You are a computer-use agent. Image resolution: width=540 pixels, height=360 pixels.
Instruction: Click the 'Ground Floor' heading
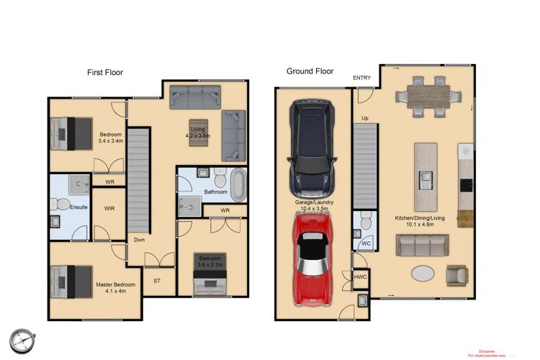(x=310, y=71)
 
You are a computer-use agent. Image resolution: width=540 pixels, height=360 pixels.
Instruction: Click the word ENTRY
(x=362, y=78)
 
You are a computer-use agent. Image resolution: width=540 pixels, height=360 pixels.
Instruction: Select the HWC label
(x=361, y=276)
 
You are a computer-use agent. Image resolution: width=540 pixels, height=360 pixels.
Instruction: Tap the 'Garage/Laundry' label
(x=313, y=203)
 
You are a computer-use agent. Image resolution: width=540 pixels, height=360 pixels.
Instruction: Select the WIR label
(x=109, y=209)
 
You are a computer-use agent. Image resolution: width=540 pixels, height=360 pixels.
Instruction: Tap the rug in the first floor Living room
(x=197, y=132)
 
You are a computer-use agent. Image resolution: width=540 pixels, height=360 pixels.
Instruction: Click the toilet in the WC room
(x=364, y=225)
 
